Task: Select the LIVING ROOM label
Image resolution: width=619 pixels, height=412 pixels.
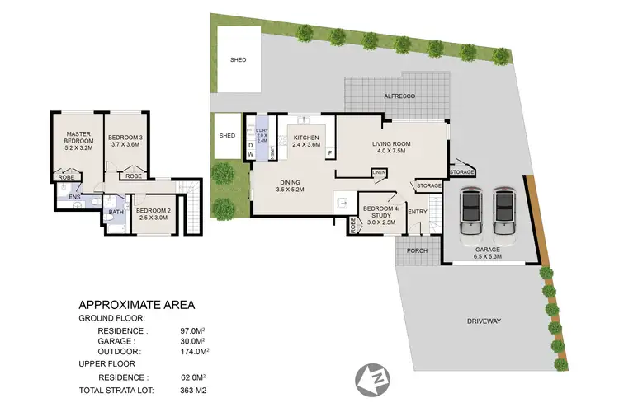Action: click(x=391, y=148)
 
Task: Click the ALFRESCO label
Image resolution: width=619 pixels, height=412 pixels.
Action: click(x=399, y=97)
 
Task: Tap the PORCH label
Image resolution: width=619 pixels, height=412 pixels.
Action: click(x=418, y=251)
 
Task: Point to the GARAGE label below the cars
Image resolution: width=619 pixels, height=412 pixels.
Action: click(x=487, y=252)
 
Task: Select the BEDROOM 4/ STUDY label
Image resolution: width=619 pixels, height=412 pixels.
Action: click(x=377, y=213)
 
